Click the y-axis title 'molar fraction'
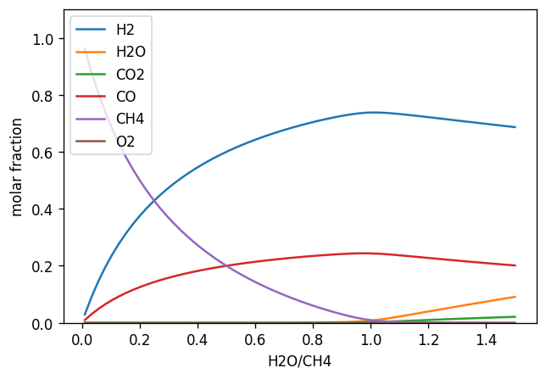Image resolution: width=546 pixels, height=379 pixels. [x=17, y=166]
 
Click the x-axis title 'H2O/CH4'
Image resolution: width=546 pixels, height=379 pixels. [x=298, y=361]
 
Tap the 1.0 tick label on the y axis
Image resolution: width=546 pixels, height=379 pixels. [x=43, y=39]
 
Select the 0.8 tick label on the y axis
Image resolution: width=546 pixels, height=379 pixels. [x=43, y=96]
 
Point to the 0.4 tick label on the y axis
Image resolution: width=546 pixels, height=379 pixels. [x=43, y=209]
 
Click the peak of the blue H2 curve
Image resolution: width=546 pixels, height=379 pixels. [x=371, y=112]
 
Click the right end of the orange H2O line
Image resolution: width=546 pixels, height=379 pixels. [x=515, y=297]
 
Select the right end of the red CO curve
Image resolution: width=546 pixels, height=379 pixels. [x=515, y=265]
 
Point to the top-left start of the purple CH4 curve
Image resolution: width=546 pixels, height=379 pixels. [x=85, y=50]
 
